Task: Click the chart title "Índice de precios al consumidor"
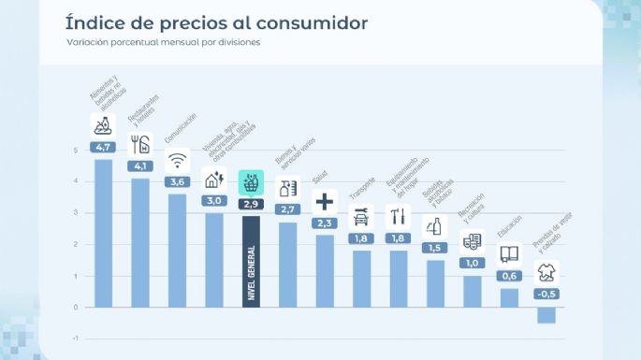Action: coord(215,22)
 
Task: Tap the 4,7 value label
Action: coord(102,147)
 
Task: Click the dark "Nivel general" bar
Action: coord(250,261)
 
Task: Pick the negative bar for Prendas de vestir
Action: coord(546,314)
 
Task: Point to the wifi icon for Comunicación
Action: coord(177,160)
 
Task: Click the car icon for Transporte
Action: coord(361,218)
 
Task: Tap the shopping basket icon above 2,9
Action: coord(250,182)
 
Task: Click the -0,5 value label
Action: coord(546,295)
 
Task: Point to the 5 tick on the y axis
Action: coord(76,150)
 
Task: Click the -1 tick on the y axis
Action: coord(75,338)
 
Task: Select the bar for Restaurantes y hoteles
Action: coord(139,242)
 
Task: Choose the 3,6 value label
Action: coord(177,181)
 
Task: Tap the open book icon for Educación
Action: coord(509,254)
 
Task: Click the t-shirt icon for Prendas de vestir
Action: coord(546,273)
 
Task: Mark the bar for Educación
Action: coord(509,297)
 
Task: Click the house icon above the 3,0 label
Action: coord(214,180)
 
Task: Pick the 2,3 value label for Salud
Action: coord(325,223)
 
